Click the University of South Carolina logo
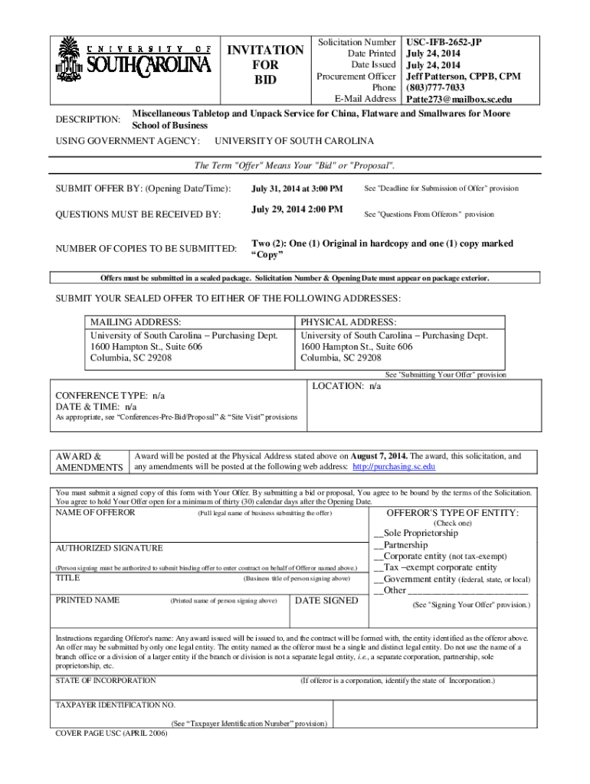(134, 60)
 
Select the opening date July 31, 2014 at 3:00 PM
(297, 188)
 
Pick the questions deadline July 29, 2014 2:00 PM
(297, 210)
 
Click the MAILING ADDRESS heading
(136, 322)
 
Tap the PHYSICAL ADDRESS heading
(349, 322)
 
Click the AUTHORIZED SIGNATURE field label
(109, 548)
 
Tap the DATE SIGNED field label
(326, 600)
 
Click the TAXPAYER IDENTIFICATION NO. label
(116, 704)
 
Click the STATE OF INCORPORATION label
(106, 680)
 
